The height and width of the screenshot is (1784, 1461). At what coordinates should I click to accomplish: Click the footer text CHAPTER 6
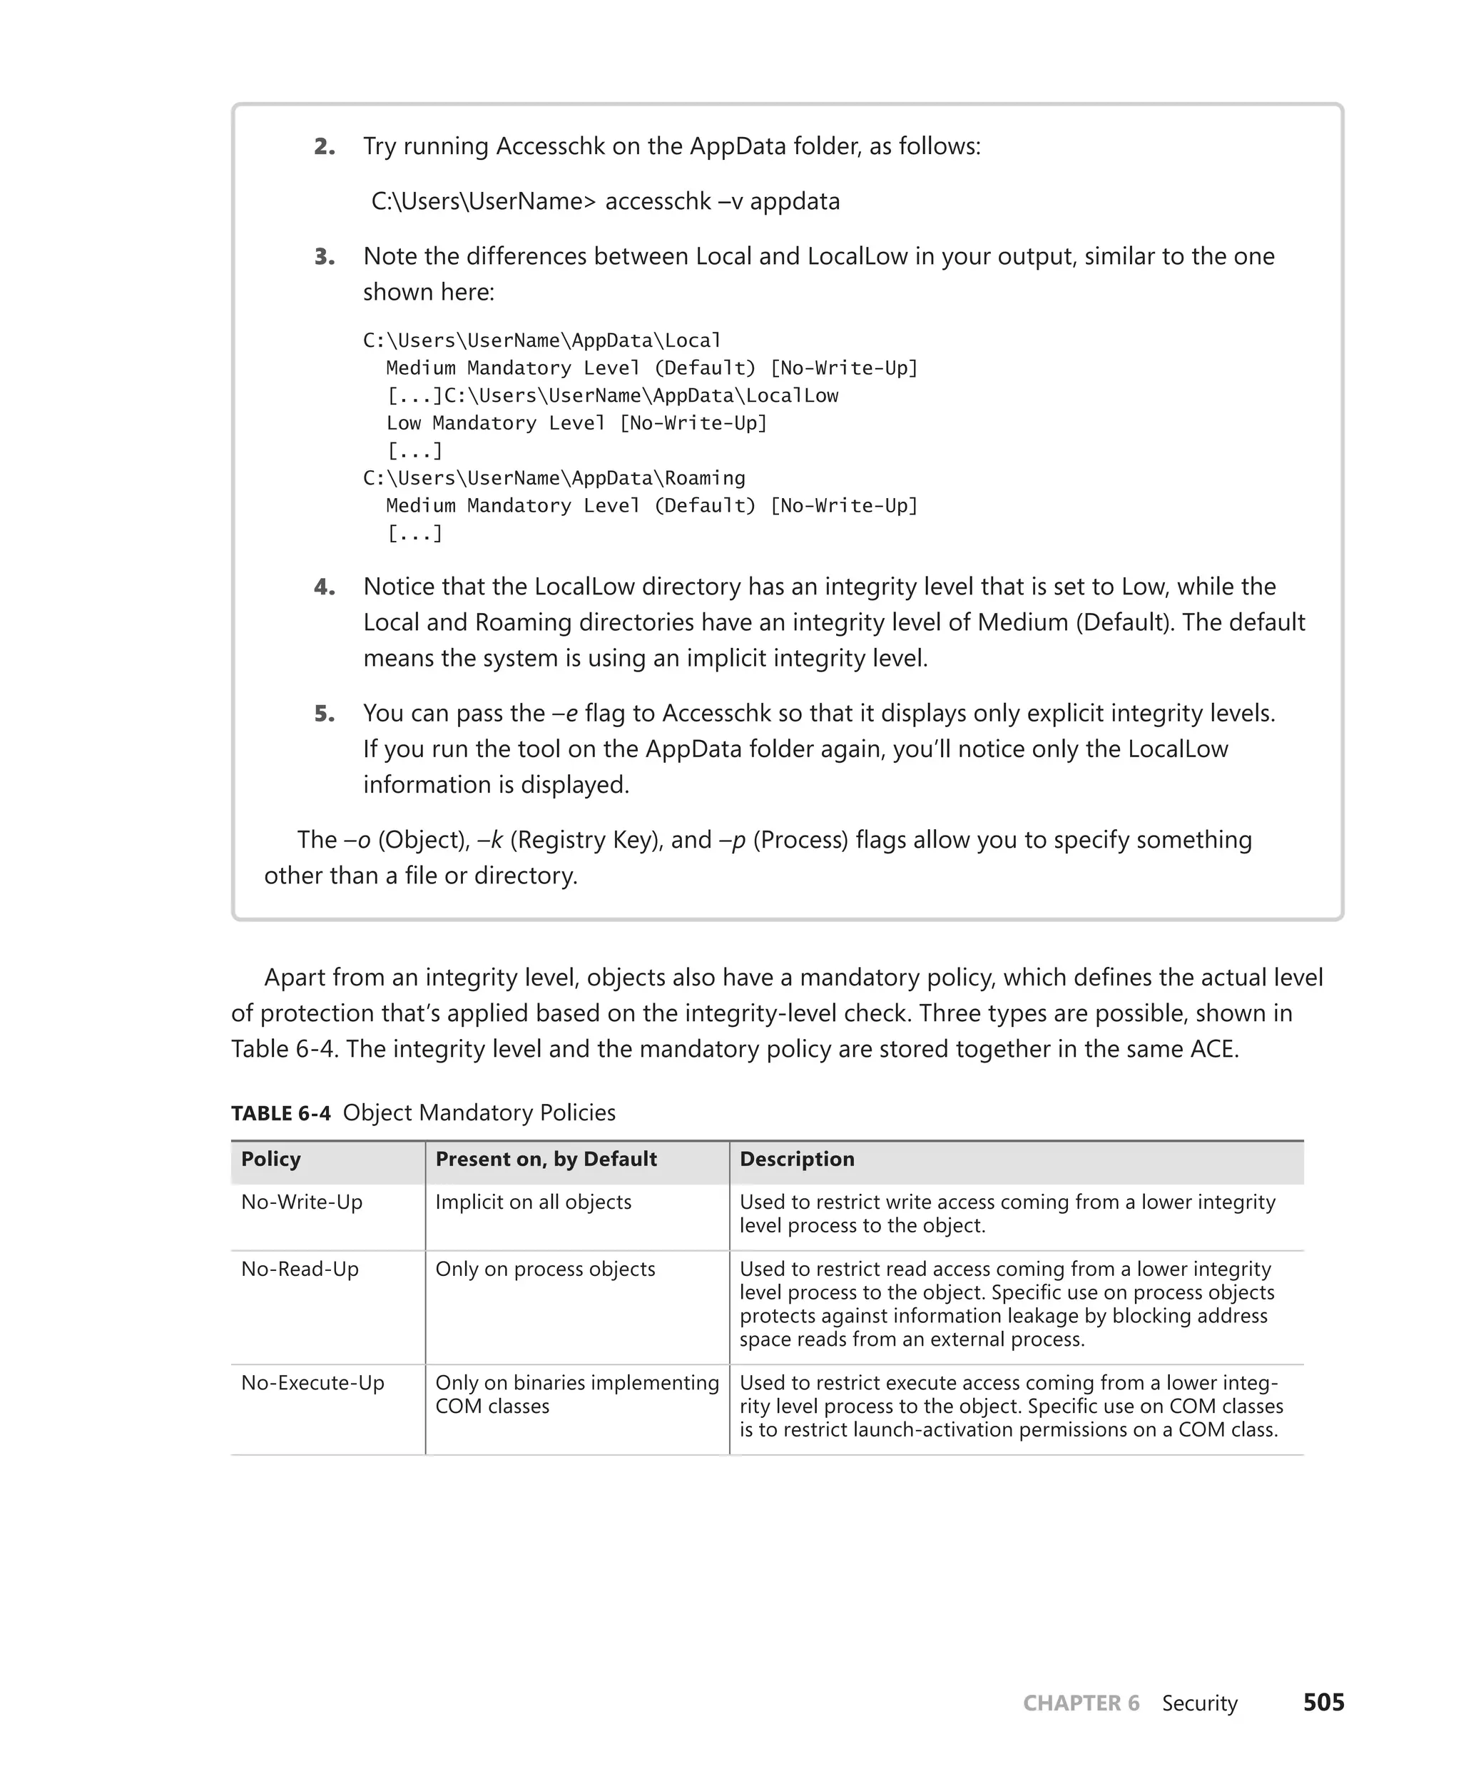pos(1081,1703)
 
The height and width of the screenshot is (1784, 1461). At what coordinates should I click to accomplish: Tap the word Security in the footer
pos(1199,1703)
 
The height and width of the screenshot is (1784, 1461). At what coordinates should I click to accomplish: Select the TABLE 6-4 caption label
pos(281,1113)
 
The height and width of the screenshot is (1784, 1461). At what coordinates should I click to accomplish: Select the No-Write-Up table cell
pos(301,1202)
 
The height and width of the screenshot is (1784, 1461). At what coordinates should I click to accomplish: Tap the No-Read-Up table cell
pos(300,1269)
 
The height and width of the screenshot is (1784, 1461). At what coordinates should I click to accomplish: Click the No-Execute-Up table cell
pos(312,1382)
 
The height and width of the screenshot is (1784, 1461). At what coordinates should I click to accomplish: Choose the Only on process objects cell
pos(544,1269)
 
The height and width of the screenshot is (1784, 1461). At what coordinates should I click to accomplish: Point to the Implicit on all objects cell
pos(533,1202)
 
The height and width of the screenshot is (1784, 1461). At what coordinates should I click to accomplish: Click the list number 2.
pos(324,146)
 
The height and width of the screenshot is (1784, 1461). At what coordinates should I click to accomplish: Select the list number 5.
pos(324,714)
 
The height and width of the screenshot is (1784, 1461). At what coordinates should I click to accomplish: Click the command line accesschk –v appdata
pos(605,201)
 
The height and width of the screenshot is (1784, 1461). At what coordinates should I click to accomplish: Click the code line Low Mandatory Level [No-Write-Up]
pos(576,422)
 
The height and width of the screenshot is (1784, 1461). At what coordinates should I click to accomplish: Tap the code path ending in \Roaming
pos(554,478)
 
